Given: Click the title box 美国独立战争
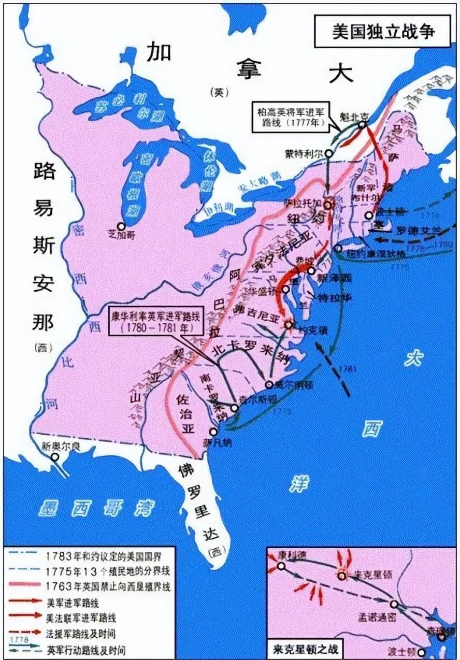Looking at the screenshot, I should click(383, 31).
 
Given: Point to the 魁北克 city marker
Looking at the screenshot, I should click(362, 124).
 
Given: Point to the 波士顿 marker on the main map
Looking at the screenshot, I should click(369, 215).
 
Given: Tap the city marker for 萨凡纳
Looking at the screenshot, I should click(213, 432).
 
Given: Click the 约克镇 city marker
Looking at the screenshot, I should click(289, 324).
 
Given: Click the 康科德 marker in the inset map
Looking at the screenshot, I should click(281, 566).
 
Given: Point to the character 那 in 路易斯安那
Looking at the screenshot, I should click(44, 323).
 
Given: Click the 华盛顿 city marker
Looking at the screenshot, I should click(285, 289).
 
